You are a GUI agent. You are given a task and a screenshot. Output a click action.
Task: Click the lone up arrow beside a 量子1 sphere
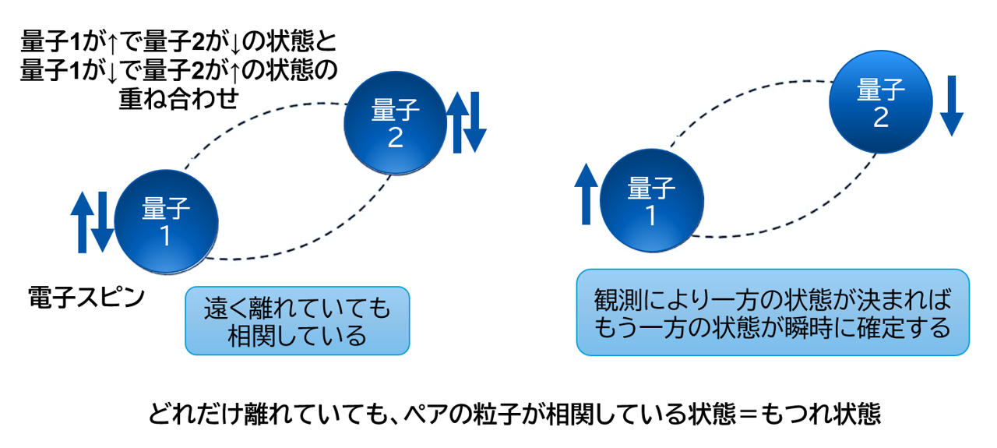[587, 195]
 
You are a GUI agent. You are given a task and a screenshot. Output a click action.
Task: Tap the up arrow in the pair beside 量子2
[457, 121]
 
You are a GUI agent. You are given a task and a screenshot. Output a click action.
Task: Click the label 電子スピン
[85, 297]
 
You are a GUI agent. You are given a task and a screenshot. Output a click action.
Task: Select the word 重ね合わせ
[178, 98]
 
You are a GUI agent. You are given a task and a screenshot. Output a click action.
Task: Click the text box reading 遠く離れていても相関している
[297, 322]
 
